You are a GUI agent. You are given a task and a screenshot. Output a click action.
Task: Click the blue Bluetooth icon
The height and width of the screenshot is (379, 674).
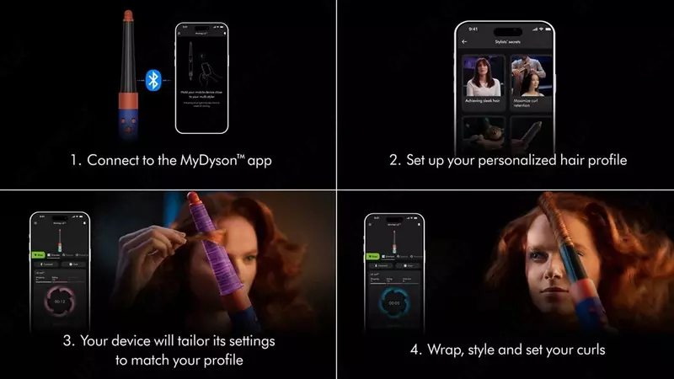[x=153, y=79]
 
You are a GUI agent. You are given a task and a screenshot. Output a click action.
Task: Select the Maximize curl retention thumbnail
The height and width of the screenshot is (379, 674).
[x=532, y=81]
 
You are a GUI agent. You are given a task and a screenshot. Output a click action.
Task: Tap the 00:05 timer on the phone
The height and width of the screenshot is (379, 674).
[x=395, y=302]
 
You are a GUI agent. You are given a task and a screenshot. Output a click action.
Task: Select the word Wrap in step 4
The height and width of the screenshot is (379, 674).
[x=426, y=350]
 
